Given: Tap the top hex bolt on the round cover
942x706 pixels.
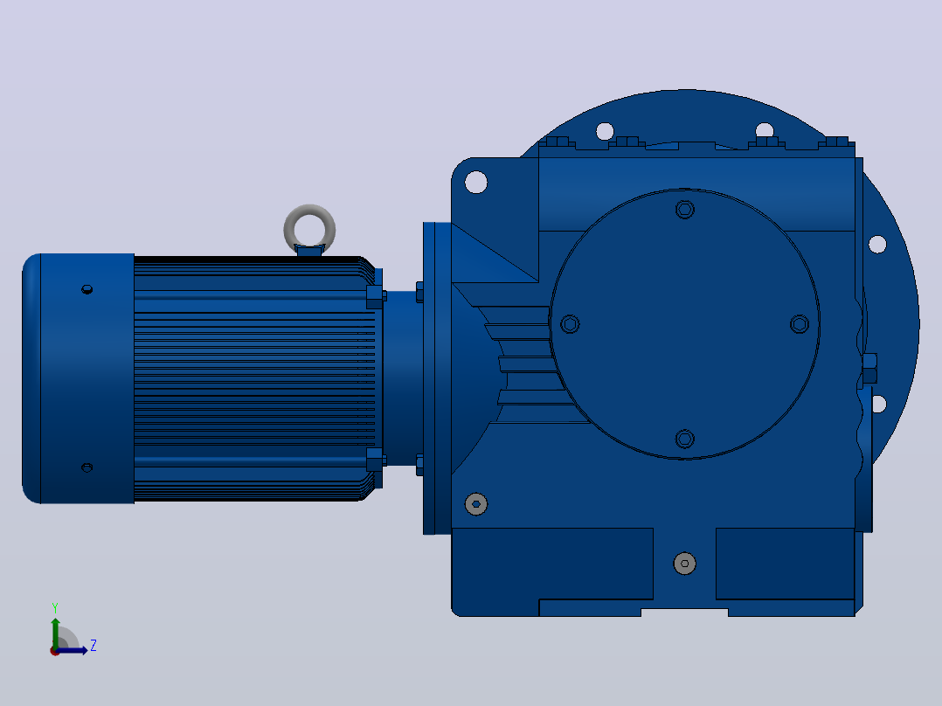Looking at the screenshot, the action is (x=685, y=210).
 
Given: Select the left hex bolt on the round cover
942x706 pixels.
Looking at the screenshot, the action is (x=570, y=324).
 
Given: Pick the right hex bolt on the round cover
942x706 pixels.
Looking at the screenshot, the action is (x=800, y=324).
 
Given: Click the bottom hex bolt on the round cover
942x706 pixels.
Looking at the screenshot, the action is (x=685, y=439).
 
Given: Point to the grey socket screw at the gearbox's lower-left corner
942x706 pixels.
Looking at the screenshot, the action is (x=476, y=504).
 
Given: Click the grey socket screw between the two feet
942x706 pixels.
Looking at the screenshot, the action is (x=685, y=564).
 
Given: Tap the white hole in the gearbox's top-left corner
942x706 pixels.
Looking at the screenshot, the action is (x=475, y=182).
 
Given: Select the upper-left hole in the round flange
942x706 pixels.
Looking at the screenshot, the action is (x=605, y=131).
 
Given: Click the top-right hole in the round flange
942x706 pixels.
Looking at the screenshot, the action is (x=764, y=130).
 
